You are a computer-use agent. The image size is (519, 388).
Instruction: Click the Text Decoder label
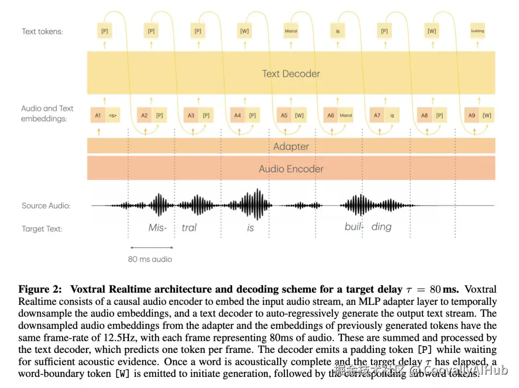pyautogui.click(x=291, y=74)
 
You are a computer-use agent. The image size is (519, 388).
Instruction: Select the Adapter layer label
pyautogui.click(x=291, y=146)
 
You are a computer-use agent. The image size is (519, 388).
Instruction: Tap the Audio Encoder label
pyautogui.click(x=291, y=169)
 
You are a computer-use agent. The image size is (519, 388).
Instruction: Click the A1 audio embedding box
pyautogui.click(x=98, y=115)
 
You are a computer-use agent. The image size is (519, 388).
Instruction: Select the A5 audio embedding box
pyautogui.click(x=284, y=115)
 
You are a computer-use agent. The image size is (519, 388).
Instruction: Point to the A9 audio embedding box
pyautogui.click(x=471, y=115)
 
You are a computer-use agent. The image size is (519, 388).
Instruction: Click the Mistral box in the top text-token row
pyautogui.click(x=291, y=31)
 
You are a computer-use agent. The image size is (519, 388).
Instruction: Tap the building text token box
pyautogui.click(x=478, y=31)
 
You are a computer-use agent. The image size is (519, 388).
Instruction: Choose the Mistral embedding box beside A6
pyautogui.click(x=346, y=115)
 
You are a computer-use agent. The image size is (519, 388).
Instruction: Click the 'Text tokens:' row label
pyautogui.click(x=42, y=32)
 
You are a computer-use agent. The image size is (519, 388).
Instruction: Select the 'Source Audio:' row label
pyautogui.click(x=46, y=206)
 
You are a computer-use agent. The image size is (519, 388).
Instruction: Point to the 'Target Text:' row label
pyautogui.click(x=42, y=229)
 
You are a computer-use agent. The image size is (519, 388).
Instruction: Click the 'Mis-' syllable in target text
pyautogui.click(x=158, y=227)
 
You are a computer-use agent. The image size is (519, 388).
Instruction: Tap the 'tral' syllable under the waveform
pyautogui.click(x=189, y=227)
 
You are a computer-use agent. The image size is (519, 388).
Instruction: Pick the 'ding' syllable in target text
pyautogui.click(x=382, y=227)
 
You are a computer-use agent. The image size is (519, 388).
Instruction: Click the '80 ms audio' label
pyautogui.click(x=150, y=259)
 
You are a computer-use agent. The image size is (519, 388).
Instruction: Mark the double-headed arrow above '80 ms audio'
pyautogui.click(x=151, y=248)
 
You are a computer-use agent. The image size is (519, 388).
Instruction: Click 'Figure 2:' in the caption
pyautogui.click(x=40, y=289)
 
